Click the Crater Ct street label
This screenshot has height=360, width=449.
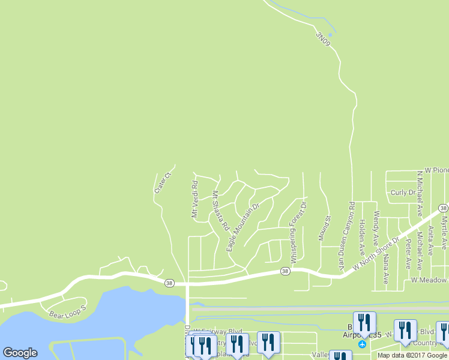pyautogui.click(x=163, y=182)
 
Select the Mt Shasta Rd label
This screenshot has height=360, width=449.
pyautogui.click(x=220, y=211)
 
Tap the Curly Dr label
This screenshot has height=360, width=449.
pyautogui.click(x=403, y=193)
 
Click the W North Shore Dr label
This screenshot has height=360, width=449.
pyautogui.click(x=376, y=254)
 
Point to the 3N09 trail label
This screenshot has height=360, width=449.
pyautogui.click(x=323, y=38)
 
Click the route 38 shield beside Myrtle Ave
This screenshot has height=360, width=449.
pyautogui.click(x=443, y=208)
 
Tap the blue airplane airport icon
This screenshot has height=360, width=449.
pyautogui.click(x=362, y=344)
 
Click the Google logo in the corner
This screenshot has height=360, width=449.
pyautogui.click(x=20, y=353)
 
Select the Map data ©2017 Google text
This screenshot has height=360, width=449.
pyautogui.click(x=413, y=355)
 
